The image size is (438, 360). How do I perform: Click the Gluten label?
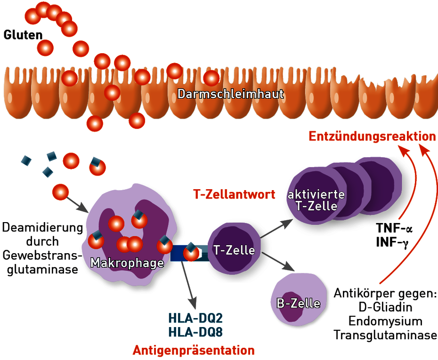[x=23, y=35]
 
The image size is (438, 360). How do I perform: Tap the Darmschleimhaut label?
[x=231, y=94]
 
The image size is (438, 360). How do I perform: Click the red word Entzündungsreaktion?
[x=372, y=136]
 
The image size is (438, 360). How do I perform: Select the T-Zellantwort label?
[x=234, y=194]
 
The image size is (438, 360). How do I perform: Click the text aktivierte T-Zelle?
[x=316, y=200]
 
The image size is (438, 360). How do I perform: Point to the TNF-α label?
[x=394, y=228]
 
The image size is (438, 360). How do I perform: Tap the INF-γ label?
[x=392, y=242]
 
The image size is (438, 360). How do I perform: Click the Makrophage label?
[x=127, y=263]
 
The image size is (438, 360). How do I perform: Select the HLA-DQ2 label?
[x=195, y=318]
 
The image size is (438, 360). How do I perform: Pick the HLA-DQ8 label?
[x=195, y=332]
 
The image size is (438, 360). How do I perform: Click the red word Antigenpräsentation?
[x=194, y=350]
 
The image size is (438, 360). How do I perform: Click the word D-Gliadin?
[x=385, y=307]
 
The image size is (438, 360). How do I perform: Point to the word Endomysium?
[x=385, y=321]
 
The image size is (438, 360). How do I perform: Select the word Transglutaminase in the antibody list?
[x=385, y=335]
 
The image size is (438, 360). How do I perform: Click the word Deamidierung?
[x=43, y=227]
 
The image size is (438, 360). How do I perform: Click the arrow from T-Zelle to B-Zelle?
[x=278, y=262]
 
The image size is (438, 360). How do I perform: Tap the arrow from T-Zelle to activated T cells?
[x=276, y=229]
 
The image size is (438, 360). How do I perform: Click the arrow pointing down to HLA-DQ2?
[x=188, y=285]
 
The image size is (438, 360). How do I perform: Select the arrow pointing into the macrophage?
[x=77, y=205]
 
